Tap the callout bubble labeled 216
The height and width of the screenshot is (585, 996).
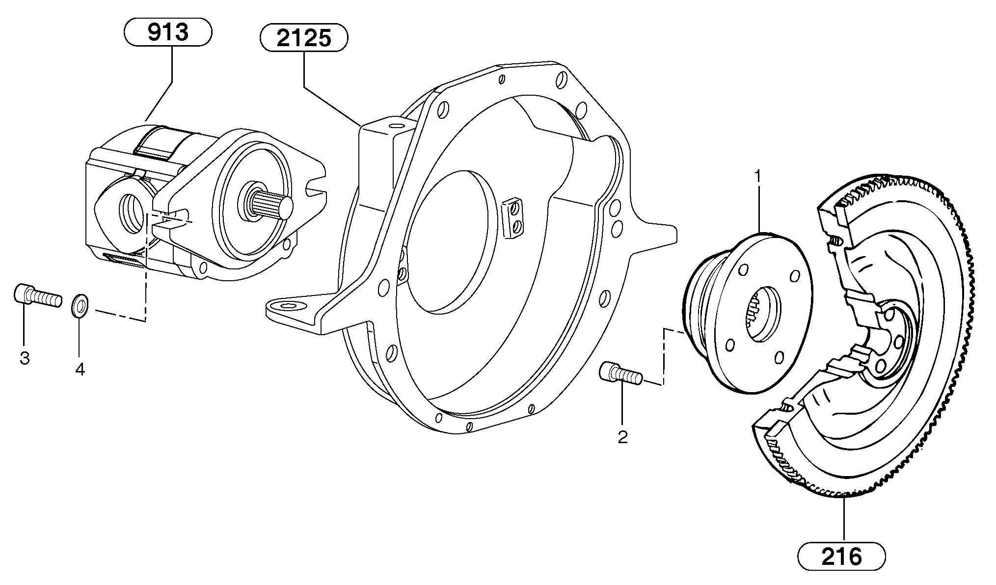pyautogui.click(x=841, y=557)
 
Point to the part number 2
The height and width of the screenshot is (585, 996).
pyautogui.click(x=622, y=437)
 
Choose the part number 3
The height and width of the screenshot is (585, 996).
pyautogui.click(x=25, y=358)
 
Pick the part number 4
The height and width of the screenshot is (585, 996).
pyautogui.click(x=80, y=369)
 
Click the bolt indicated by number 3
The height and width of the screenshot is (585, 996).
pyautogui.click(x=37, y=296)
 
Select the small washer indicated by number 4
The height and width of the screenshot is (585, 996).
pyautogui.click(x=80, y=305)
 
